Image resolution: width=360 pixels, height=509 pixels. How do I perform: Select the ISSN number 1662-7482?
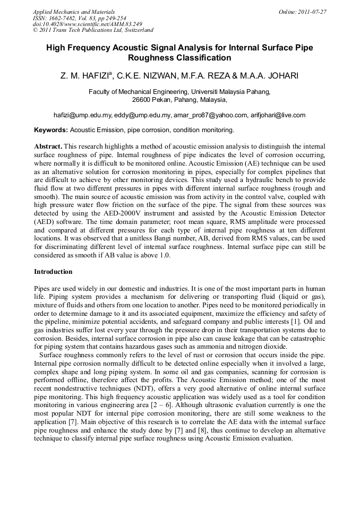(65, 18)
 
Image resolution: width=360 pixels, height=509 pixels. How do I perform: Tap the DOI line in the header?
(87, 24)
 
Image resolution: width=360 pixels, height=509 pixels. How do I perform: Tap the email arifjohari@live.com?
(279, 115)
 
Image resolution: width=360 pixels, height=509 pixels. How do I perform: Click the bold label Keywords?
(51, 130)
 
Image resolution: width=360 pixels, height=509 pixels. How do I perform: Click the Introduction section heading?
(53, 272)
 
